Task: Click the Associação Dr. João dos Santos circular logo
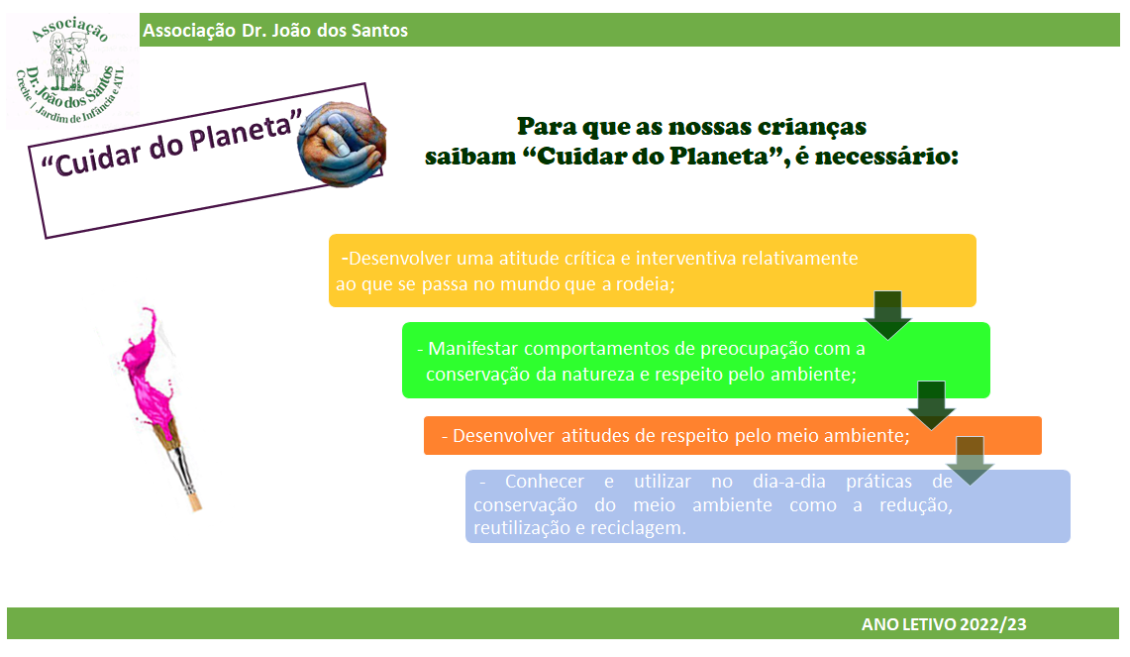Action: click(70, 70)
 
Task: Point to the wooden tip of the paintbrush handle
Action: click(193, 502)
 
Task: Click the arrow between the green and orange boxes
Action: click(931, 405)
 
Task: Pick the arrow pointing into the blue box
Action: click(970, 460)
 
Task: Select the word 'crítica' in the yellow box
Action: click(589, 259)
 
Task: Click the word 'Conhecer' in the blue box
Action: click(544, 481)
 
